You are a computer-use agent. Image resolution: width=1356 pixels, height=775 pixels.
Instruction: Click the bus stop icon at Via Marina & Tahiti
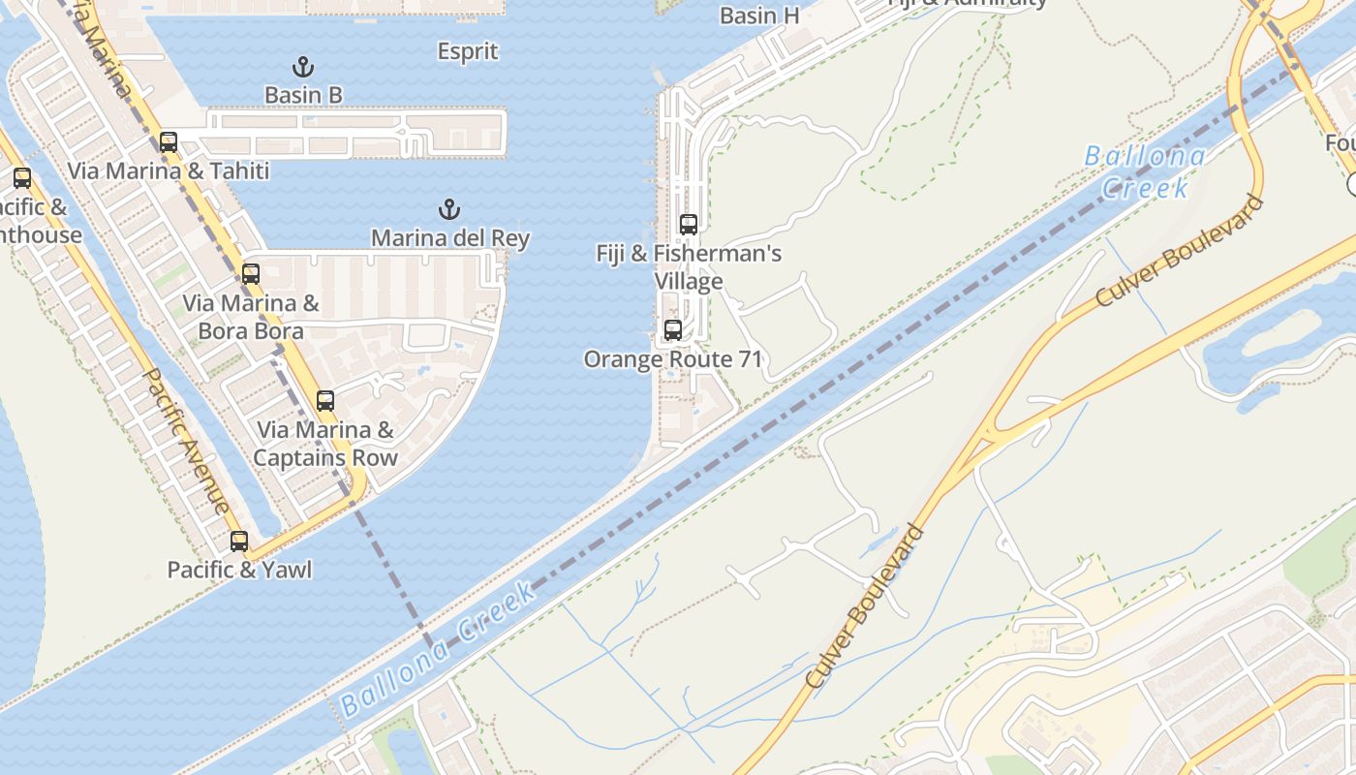point(169,142)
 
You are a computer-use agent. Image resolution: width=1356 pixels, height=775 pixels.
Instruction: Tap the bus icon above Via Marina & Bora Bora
point(251,274)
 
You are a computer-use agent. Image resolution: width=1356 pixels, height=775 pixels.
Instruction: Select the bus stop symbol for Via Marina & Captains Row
point(325,401)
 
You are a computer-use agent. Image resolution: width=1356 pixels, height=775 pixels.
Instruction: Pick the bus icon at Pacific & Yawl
point(239,542)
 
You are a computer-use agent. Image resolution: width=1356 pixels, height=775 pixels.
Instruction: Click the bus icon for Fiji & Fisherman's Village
point(689,225)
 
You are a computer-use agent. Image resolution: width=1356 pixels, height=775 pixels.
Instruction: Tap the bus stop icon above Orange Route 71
point(673,330)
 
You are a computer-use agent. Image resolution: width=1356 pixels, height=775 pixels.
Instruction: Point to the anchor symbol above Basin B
point(303,67)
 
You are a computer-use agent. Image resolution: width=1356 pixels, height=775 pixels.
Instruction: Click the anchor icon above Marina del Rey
point(448,209)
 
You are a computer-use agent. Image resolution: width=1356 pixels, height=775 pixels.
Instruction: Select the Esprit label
point(468,51)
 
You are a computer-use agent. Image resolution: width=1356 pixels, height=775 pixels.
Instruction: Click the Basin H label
point(759,15)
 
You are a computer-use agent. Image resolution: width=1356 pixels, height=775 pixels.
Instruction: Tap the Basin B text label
point(303,95)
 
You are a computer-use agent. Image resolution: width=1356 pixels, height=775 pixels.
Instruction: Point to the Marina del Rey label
point(450,237)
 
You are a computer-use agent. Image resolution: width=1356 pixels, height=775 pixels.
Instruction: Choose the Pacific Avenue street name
point(187,441)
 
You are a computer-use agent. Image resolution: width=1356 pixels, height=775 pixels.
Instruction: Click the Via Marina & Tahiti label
point(169,170)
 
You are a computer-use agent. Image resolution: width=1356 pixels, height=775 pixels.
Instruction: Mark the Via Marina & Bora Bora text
point(251,317)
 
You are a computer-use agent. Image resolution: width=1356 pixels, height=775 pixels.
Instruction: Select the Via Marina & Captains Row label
point(325,444)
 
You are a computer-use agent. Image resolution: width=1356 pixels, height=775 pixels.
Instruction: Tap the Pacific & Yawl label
point(239,570)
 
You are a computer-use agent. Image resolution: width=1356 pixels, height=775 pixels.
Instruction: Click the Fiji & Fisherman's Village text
point(689,267)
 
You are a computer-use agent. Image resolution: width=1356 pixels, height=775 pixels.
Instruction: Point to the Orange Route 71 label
point(673,359)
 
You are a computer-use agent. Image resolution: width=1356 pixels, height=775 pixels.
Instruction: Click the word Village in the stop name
point(689,282)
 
